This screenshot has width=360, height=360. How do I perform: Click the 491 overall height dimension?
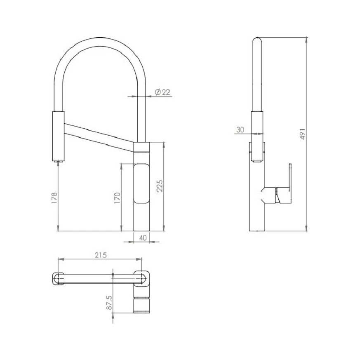pyautogui.click(x=303, y=134)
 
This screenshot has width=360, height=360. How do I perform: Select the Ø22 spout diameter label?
pyautogui.click(x=162, y=92)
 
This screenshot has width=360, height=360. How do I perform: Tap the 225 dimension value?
pyautogui.click(x=160, y=186)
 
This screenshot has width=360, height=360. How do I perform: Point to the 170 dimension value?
pyautogui.click(x=117, y=198)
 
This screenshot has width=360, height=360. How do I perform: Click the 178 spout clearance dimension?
pyautogui.click(x=54, y=198)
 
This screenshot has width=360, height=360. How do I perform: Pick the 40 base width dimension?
pyautogui.click(x=143, y=238)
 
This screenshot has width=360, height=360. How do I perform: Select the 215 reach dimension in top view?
pyautogui.click(x=101, y=255)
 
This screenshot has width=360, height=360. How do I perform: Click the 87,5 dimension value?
pyautogui.click(x=109, y=302)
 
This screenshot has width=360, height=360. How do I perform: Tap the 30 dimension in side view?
pyautogui.click(x=240, y=130)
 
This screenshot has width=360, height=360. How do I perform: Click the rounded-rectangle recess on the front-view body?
pyautogui.click(x=142, y=183)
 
